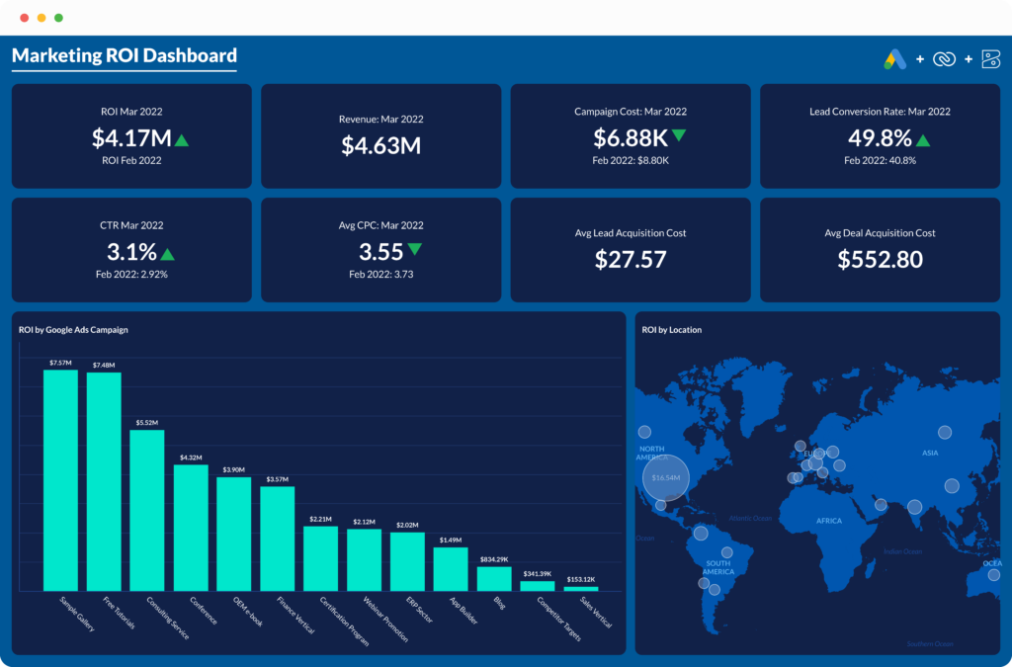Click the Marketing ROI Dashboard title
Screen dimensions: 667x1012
pyautogui.click(x=124, y=55)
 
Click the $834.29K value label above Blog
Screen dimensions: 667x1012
pyautogui.click(x=494, y=559)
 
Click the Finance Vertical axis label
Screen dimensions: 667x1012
pyautogui.click(x=297, y=616)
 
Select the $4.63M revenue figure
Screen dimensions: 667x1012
pyautogui.click(x=381, y=145)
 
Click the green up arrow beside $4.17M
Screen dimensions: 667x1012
pyautogui.click(x=182, y=139)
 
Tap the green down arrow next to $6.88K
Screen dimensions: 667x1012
pyautogui.click(x=679, y=135)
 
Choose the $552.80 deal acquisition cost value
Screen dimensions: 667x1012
pyautogui.click(x=880, y=259)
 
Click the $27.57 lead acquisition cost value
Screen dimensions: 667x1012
pyautogui.click(x=631, y=259)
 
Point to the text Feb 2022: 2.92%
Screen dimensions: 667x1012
pyautogui.click(x=131, y=274)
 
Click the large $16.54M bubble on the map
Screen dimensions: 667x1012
pyautogui.click(x=666, y=478)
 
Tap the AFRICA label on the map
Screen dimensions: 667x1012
pyautogui.click(x=828, y=521)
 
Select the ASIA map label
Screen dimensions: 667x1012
pyautogui.click(x=930, y=453)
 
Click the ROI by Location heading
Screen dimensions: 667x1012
pyautogui.click(x=671, y=330)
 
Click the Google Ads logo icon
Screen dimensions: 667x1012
pyautogui.click(x=895, y=59)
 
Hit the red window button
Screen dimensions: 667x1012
pyautogui.click(x=24, y=18)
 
